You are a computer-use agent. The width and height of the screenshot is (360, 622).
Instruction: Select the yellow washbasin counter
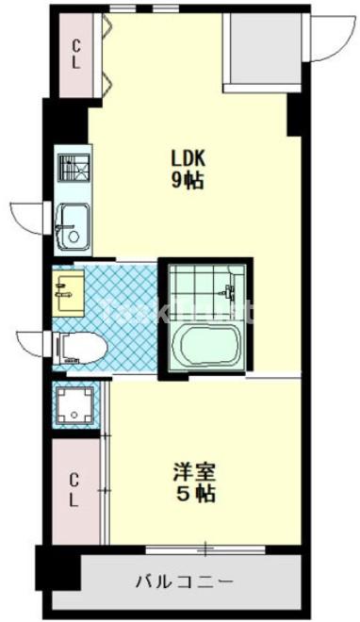pos(69,293)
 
